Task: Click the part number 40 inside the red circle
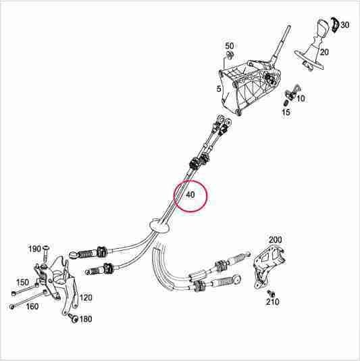190,195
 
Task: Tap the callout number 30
344,24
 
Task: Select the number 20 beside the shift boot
324,52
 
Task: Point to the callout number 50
229,46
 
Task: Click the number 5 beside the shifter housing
219,89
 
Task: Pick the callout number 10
301,99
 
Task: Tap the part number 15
286,112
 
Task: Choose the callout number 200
275,240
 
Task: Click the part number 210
273,302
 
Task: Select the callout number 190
34,249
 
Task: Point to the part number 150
22,283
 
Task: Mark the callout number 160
32,306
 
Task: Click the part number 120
86,297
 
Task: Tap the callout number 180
86,319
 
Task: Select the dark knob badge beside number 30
335,24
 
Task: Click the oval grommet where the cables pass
159,225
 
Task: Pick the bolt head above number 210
271,293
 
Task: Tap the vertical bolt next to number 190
46,254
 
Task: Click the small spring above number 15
286,102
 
